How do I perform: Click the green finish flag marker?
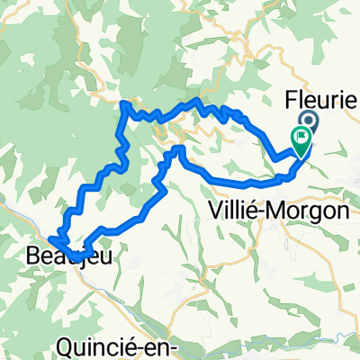tap(301, 140)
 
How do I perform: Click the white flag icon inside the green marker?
tap(301, 138)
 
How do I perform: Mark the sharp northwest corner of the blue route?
tap(123, 104)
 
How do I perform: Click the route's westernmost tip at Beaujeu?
tap(49, 238)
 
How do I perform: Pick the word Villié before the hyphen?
tap(235, 210)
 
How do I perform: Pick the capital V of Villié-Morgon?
tap(215, 210)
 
